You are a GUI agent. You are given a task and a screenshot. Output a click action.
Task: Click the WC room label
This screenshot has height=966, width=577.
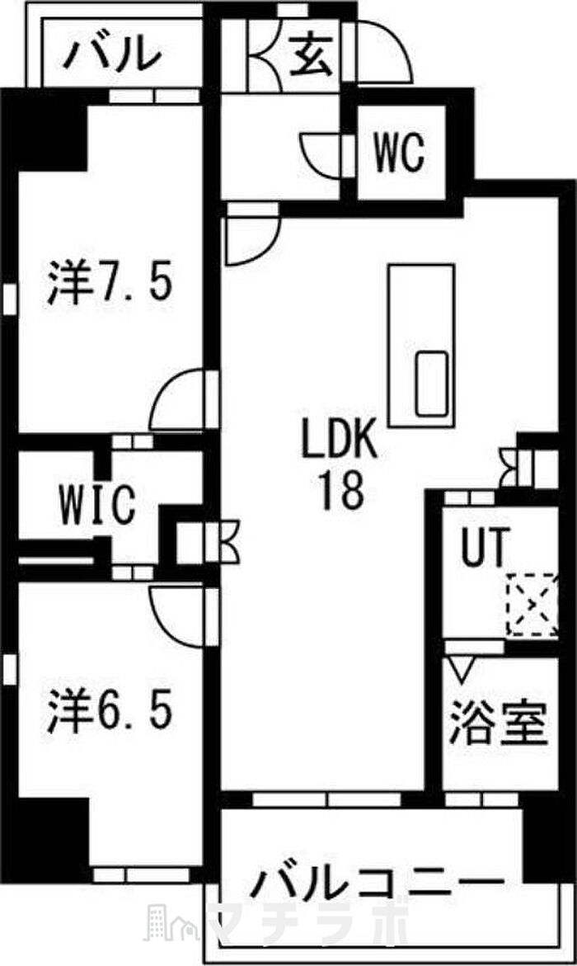(400, 152)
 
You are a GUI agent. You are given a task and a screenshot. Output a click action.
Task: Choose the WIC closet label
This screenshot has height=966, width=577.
(96, 505)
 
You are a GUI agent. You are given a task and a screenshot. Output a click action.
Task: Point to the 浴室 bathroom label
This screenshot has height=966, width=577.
(497, 724)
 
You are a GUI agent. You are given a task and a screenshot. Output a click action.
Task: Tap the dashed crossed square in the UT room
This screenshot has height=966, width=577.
(532, 605)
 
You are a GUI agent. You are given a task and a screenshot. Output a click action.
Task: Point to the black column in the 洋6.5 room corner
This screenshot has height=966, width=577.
(48, 836)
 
